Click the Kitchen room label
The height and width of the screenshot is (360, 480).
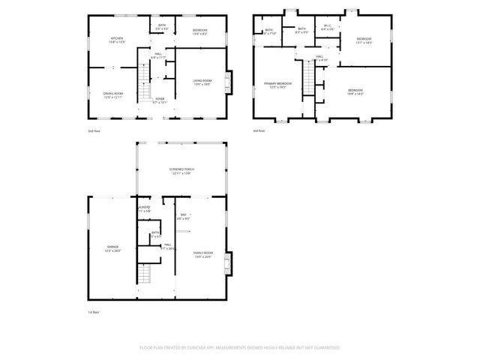[118, 40]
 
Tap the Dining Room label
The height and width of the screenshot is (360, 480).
[113, 94]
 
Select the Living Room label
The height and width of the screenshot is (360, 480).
[202, 82]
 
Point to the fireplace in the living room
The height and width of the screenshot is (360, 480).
[231, 82]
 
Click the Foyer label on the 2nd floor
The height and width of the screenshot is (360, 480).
[160, 99]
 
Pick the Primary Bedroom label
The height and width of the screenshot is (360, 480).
[277, 85]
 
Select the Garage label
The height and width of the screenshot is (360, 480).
[113, 247]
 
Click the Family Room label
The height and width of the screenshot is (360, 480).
[202, 255]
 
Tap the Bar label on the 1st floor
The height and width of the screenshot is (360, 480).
[183, 217]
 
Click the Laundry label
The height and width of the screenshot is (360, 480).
[144, 209]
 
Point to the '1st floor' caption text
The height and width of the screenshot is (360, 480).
[93, 311]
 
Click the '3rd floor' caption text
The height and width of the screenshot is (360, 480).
[259, 131]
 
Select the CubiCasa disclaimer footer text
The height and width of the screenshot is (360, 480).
[240, 348]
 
